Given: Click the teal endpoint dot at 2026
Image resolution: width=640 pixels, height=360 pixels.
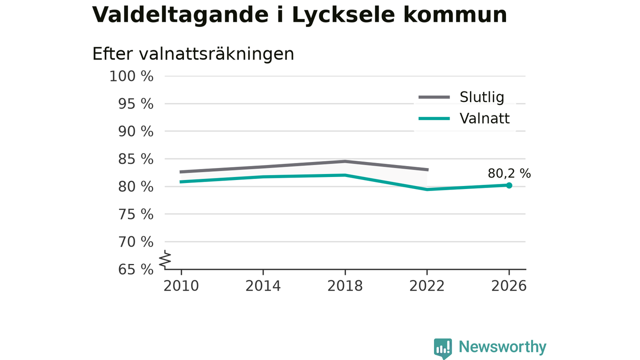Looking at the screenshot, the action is [x=509, y=185].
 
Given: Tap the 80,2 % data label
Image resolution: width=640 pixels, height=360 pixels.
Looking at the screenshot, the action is [x=509, y=173].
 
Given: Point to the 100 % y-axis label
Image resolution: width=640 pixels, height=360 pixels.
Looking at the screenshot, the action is [x=131, y=76].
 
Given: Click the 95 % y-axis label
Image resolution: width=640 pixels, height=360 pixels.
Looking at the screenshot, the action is [x=135, y=104].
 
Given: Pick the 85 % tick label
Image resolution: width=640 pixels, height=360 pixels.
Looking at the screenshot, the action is [x=135, y=159].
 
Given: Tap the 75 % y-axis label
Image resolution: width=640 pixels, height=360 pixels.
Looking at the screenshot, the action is [x=135, y=214].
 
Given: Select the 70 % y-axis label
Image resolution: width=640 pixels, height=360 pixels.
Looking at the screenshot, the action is [x=135, y=242].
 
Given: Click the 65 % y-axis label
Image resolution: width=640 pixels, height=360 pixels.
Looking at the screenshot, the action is [x=135, y=269].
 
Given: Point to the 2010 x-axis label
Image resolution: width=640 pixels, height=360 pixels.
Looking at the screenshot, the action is [x=181, y=286].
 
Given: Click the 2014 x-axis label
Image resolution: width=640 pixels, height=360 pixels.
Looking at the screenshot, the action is [x=263, y=286].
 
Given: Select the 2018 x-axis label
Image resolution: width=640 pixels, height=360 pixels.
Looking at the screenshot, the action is [x=345, y=286].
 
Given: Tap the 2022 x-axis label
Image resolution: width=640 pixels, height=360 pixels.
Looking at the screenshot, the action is [x=427, y=286].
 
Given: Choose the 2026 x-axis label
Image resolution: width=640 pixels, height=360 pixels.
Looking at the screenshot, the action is [x=508, y=286].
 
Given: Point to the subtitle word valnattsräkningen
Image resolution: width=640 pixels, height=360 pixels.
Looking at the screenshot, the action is [x=216, y=53].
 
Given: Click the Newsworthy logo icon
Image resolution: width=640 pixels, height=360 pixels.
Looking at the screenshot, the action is [x=443, y=348].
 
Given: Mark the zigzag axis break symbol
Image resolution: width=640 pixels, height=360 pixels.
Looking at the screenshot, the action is [x=165, y=259].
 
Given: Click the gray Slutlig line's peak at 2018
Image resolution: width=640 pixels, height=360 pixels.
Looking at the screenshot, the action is [x=345, y=161].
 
